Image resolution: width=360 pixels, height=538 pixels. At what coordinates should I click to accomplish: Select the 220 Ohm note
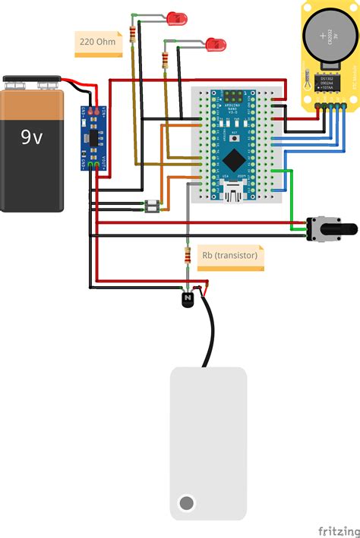(97, 42)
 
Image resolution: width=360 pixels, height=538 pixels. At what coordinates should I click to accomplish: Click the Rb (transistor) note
(229, 256)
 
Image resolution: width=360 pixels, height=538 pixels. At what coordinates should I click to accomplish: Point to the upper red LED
(177, 17)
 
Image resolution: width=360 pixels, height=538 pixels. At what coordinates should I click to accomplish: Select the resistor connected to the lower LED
(166, 59)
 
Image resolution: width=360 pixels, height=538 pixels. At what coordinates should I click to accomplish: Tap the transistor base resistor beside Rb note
(187, 255)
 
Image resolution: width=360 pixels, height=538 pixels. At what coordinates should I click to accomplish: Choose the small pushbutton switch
(153, 205)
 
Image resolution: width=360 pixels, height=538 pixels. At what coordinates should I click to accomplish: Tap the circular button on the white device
(186, 502)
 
